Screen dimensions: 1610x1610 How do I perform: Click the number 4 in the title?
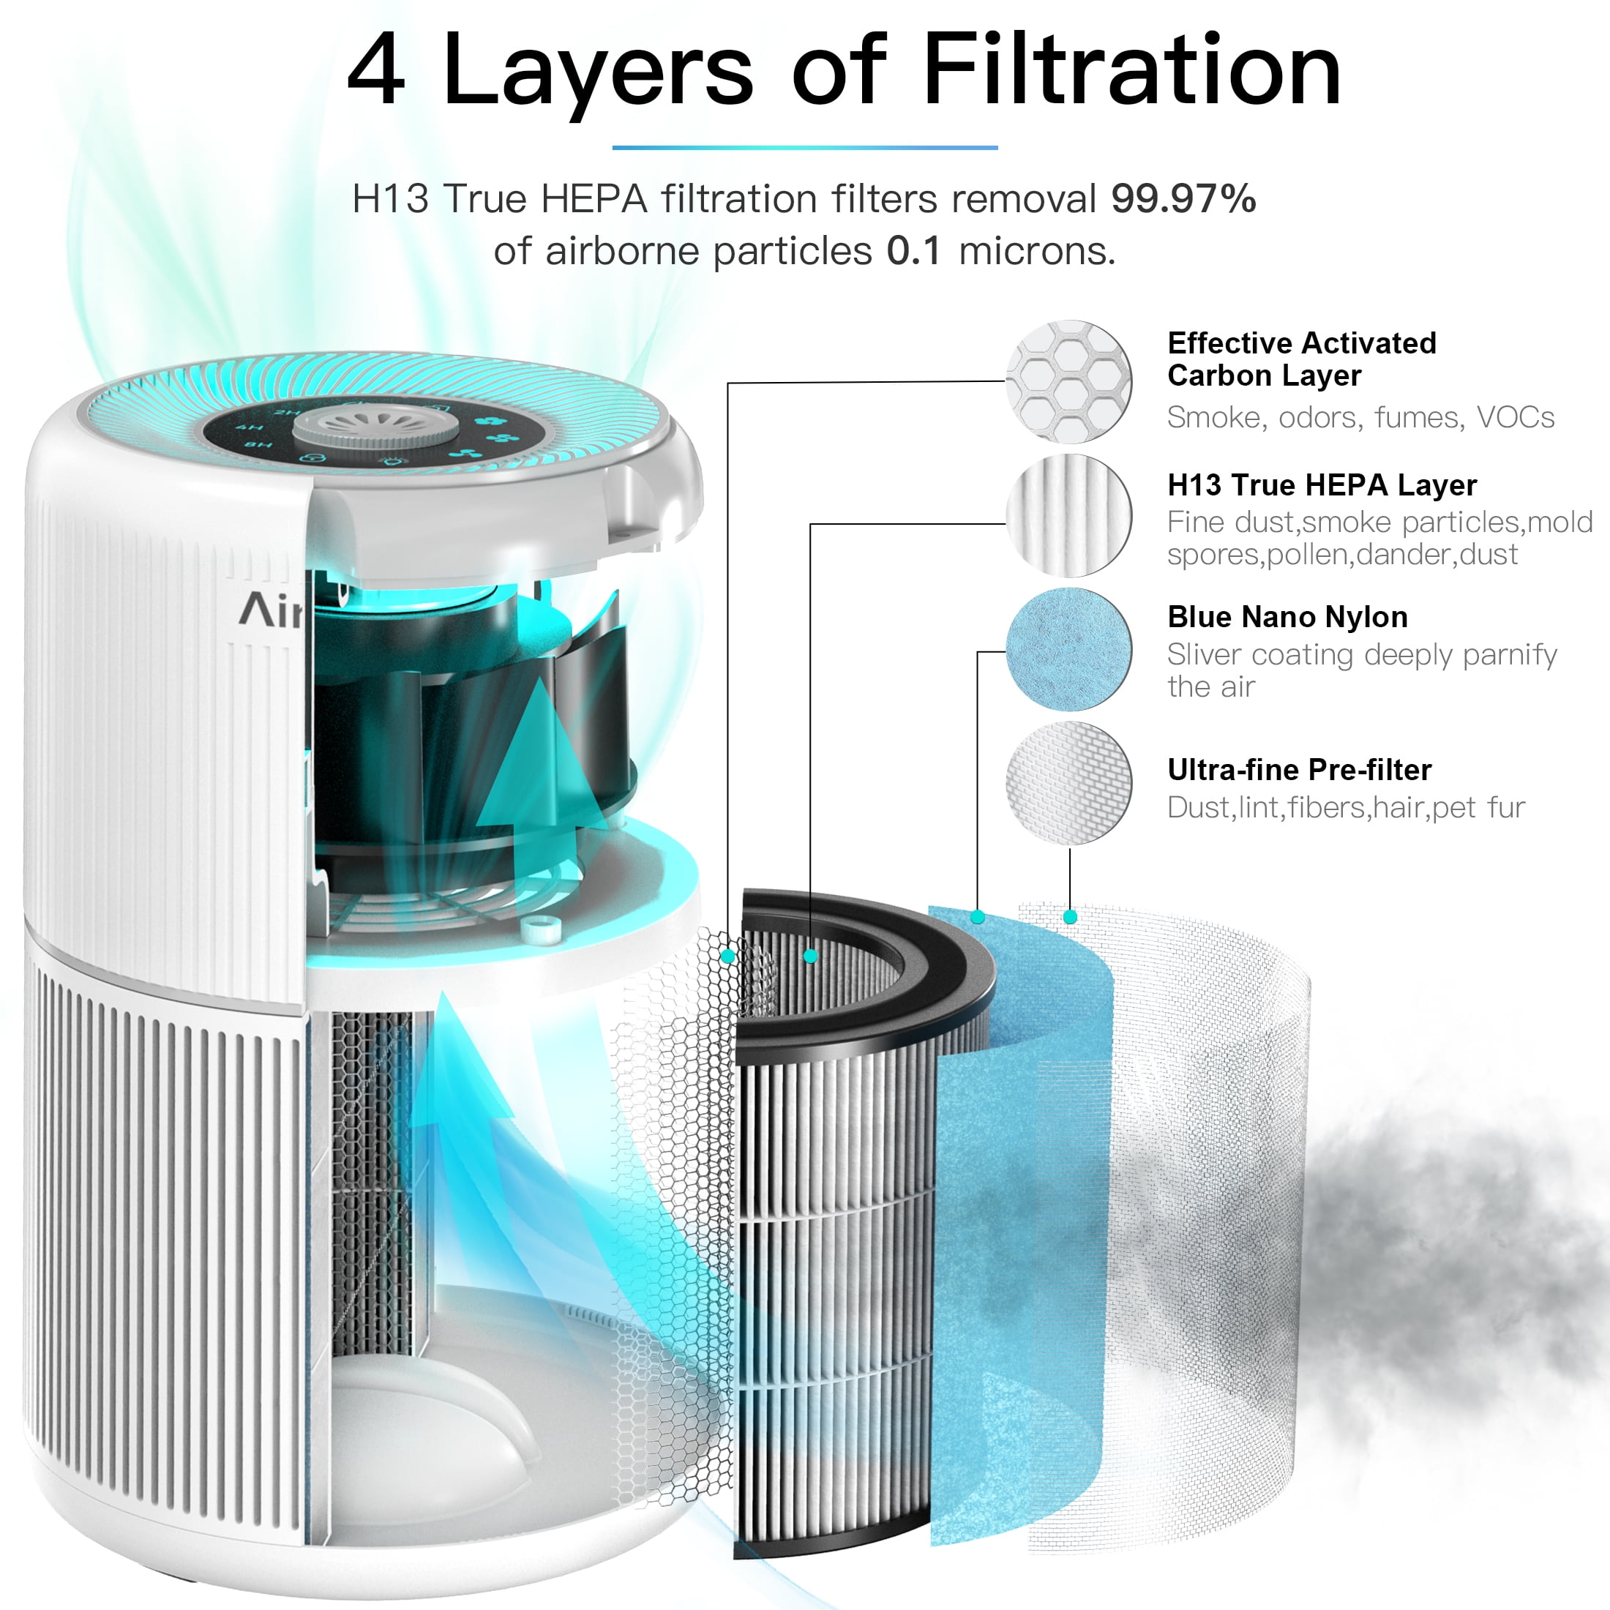coord(377,71)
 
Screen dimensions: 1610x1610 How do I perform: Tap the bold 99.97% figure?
coord(1183,198)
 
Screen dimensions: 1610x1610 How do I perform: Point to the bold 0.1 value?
coord(913,251)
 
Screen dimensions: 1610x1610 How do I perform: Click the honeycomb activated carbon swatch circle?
coord(1068,382)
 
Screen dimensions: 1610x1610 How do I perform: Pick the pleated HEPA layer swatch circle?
coord(1068,516)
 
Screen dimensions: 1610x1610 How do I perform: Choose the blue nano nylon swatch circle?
coord(1068,649)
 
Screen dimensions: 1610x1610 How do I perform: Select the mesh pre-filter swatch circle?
coord(1068,783)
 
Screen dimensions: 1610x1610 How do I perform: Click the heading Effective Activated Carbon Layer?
coord(1302,359)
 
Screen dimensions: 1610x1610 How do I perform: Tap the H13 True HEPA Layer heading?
coord(1322,485)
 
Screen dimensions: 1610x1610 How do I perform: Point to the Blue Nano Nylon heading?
coord(1287,617)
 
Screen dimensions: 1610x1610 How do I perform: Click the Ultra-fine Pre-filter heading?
coord(1299,770)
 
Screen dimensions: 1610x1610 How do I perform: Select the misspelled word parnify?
coord(1509,655)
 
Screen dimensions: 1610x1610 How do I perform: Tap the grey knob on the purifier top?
coord(377,426)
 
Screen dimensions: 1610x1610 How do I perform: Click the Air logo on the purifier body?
coord(271,610)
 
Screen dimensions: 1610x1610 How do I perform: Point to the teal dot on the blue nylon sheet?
coord(978,918)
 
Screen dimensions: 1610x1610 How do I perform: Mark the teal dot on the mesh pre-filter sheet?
coord(1070,918)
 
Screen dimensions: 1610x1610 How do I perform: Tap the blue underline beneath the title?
coord(805,148)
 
